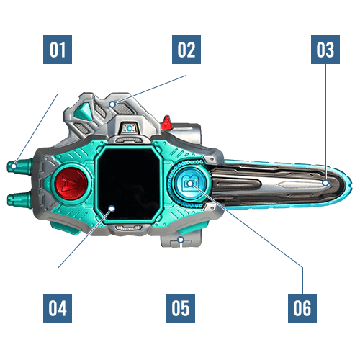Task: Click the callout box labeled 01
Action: (58, 50)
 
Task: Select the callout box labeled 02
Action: (186, 50)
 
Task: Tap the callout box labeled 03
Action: (325, 50)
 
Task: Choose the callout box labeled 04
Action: (58, 308)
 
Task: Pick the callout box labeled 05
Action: (181, 308)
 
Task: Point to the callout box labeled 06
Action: (302, 308)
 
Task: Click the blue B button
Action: (190, 184)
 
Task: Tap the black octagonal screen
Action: (129, 184)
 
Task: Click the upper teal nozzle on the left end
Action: (19, 166)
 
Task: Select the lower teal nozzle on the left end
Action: (19, 199)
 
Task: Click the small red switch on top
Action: (167, 122)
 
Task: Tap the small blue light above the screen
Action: (130, 128)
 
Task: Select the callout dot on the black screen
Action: (112, 209)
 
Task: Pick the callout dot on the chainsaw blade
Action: (325, 183)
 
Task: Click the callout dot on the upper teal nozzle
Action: (14, 166)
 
